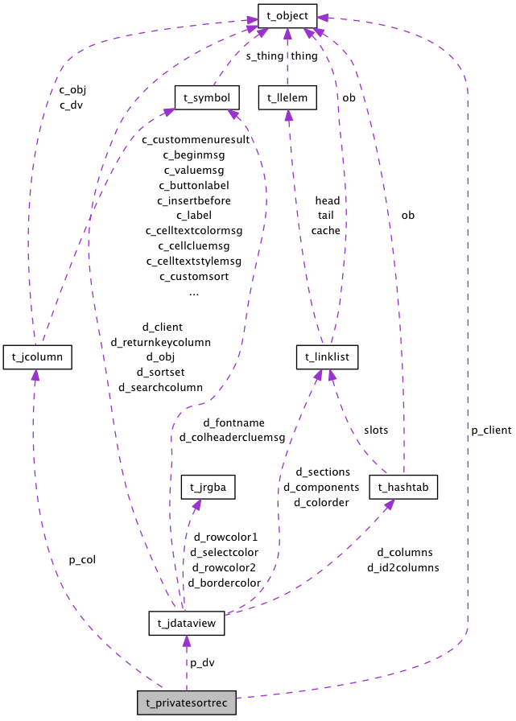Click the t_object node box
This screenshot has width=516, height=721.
point(287,14)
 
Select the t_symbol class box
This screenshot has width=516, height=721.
point(207,98)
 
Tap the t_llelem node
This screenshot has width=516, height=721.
point(287,98)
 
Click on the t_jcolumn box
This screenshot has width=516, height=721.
point(38,356)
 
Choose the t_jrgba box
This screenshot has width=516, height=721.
point(207,487)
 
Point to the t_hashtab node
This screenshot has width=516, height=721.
point(403,487)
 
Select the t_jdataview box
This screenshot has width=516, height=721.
point(186,623)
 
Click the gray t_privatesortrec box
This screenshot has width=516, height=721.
point(187,702)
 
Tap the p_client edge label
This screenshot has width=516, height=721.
point(491,431)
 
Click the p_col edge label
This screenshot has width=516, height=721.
point(82,559)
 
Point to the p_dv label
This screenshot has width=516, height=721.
point(202,662)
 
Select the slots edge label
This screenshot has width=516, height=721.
point(375,430)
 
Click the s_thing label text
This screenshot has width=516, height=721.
point(265,56)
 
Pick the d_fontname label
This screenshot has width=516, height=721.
point(233,422)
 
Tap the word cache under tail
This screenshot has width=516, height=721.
point(325,230)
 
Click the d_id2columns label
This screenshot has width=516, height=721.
point(403,568)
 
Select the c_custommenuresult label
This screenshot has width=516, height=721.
point(196,139)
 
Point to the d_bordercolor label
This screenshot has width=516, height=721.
point(224,583)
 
